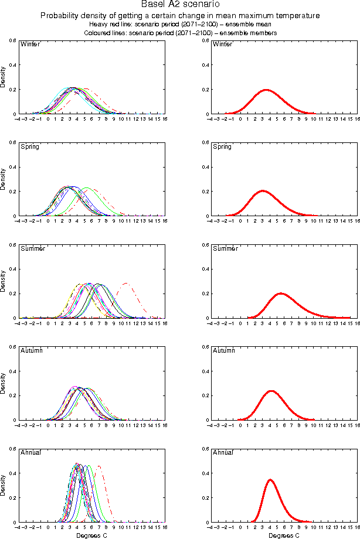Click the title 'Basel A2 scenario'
[180, 5]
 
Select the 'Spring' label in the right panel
[222, 146]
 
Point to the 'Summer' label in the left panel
[32, 248]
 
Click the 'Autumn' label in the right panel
[223, 350]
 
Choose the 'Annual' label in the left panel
[30, 452]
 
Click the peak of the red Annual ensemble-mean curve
[270, 480]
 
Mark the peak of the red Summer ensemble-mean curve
[281, 293]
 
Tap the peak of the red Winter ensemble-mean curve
[266, 90]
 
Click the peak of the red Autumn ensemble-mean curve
[271, 391]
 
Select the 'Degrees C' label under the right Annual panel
[284, 535]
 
